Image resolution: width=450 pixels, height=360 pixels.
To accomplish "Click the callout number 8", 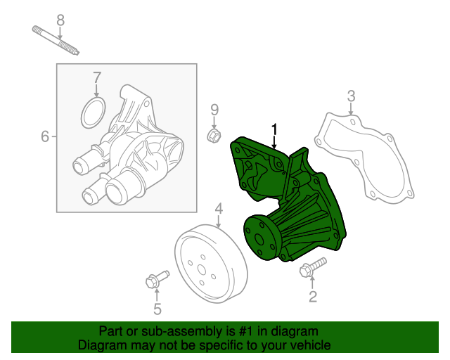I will click(x=60, y=20).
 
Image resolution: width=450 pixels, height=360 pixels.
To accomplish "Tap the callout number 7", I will click(x=97, y=77).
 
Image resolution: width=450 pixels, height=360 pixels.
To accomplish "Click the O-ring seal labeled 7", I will click(x=93, y=113).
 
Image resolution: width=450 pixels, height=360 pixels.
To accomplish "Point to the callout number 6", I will click(x=45, y=136).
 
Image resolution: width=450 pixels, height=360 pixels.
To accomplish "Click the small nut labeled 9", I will click(x=213, y=134).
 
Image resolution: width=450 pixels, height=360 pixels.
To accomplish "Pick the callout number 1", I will click(x=275, y=129).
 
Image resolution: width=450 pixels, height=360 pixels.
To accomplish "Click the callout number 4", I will click(x=219, y=208).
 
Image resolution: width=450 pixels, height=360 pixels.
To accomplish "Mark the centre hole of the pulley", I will click(x=202, y=267).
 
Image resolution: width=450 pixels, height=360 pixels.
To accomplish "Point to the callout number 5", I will click(x=157, y=309).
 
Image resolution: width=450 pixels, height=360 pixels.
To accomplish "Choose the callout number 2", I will click(x=313, y=297).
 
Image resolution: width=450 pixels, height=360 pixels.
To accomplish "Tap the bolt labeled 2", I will click(x=311, y=268).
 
